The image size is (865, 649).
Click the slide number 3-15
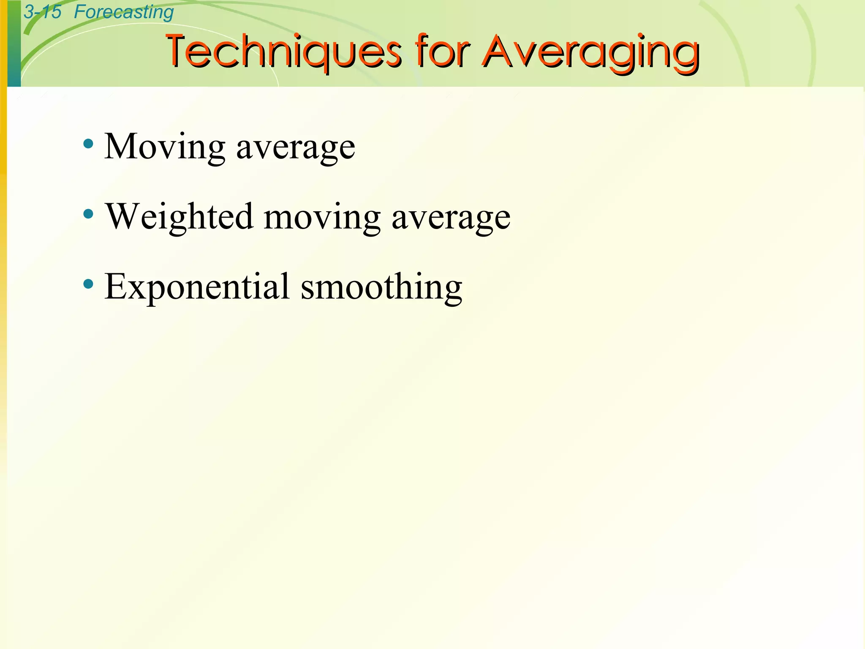(x=42, y=12)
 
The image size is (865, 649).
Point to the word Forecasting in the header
(x=124, y=12)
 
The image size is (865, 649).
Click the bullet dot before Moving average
(x=88, y=144)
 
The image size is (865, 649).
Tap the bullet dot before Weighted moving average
(x=88, y=214)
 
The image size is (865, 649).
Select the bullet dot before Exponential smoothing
(x=88, y=284)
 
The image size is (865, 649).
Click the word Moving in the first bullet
(x=165, y=147)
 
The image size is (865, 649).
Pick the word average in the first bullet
(x=296, y=149)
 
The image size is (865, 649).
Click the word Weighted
(x=180, y=216)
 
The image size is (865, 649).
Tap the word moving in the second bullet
(x=322, y=218)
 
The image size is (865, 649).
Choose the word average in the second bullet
(x=451, y=219)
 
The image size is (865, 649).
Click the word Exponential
(x=197, y=287)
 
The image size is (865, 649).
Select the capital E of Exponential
(x=116, y=286)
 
